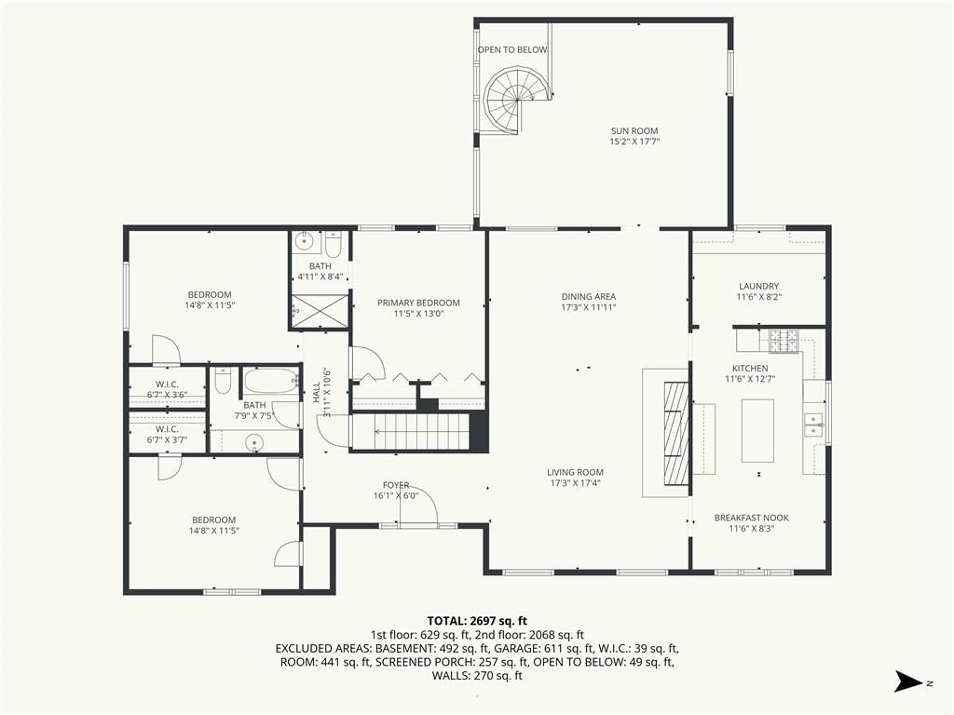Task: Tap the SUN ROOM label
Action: click(634, 130)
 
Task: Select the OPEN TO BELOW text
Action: click(512, 50)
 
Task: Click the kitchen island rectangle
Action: click(757, 430)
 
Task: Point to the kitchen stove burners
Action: click(784, 341)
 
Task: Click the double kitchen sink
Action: click(813, 425)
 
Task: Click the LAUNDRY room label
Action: click(758, 286)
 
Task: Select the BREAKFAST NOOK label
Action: click(752, 518)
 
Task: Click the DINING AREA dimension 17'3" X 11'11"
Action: click(589, 307)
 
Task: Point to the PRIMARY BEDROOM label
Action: click(418, 303)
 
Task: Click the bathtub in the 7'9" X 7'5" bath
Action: click(271, 381)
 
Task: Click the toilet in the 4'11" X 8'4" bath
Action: click(333, 245)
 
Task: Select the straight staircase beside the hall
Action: click(411, 432)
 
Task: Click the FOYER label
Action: click(396, 484)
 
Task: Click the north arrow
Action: click(909, 681)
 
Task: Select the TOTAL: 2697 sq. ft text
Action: click(477, 621)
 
